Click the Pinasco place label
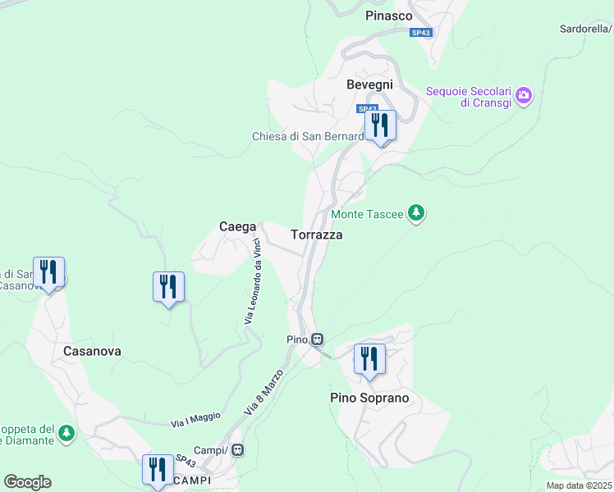[x=388, y=15]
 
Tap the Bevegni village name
[x=369, y=84]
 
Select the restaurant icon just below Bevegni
[x=380, y=125]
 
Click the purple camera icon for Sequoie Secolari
[x=523, y=96]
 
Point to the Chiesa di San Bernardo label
[x=307, y=136]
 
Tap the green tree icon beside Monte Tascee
[x=417, y=214]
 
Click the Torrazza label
[x=316, y=235]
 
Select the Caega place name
[x=237, y=226]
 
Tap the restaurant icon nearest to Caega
[x=168, y=287]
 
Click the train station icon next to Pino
[x=317, y=339]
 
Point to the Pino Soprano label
[x=369, y=399]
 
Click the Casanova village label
[x=92, y=351]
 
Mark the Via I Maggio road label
[x=195, y=419]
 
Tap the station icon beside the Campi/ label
[x=238, y=449]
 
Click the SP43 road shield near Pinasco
[x=421, y=32]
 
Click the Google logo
[x=27, y=482]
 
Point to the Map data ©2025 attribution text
[x=579, y=485]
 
